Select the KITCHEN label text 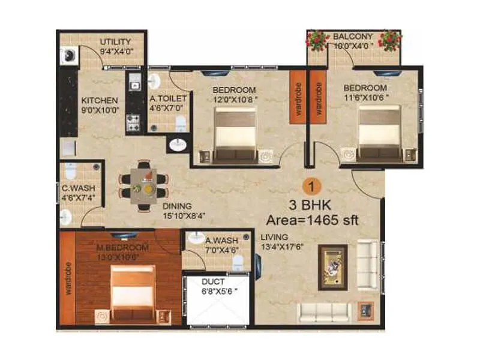click(100, 100)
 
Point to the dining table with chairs click(143, 186)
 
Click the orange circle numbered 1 click(311, 184)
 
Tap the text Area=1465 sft click(312, 220)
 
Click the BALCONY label click(353, 36)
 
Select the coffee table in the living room click(332, 262)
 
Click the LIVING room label click(274, 236)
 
